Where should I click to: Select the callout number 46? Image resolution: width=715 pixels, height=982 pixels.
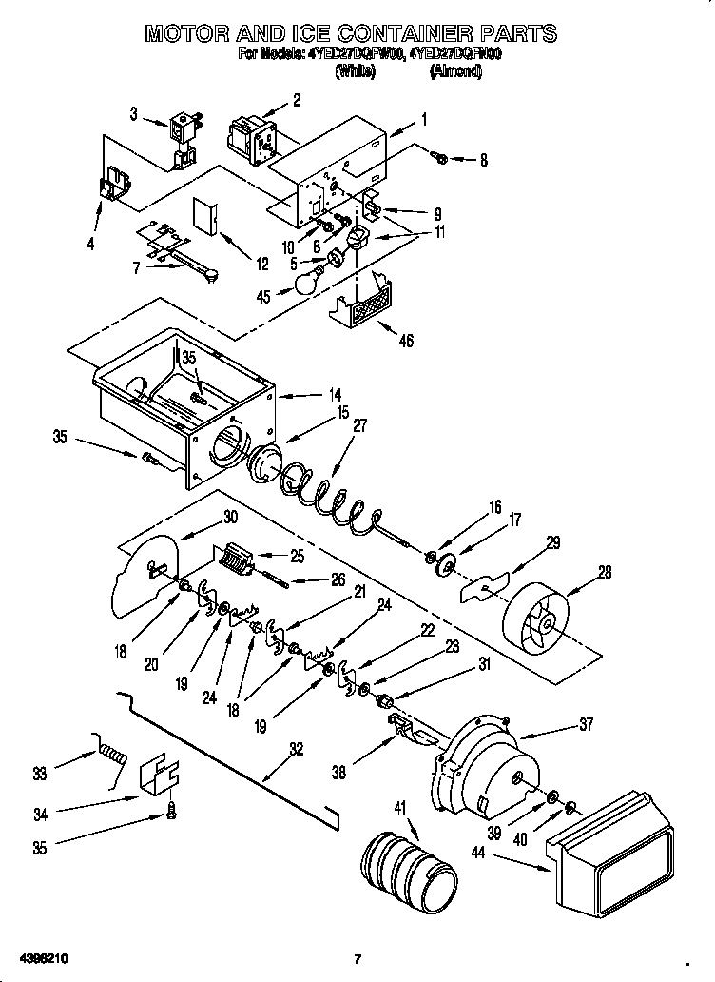point(406,341)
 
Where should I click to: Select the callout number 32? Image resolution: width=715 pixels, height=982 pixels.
point(297,750)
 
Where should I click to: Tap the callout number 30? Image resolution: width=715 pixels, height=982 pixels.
point(230,517)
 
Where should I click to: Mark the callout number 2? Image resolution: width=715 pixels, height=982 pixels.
point(297,99)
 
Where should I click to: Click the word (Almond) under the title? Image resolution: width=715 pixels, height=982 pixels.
point(455,71)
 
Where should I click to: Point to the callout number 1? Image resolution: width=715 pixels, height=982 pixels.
point(423,120)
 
